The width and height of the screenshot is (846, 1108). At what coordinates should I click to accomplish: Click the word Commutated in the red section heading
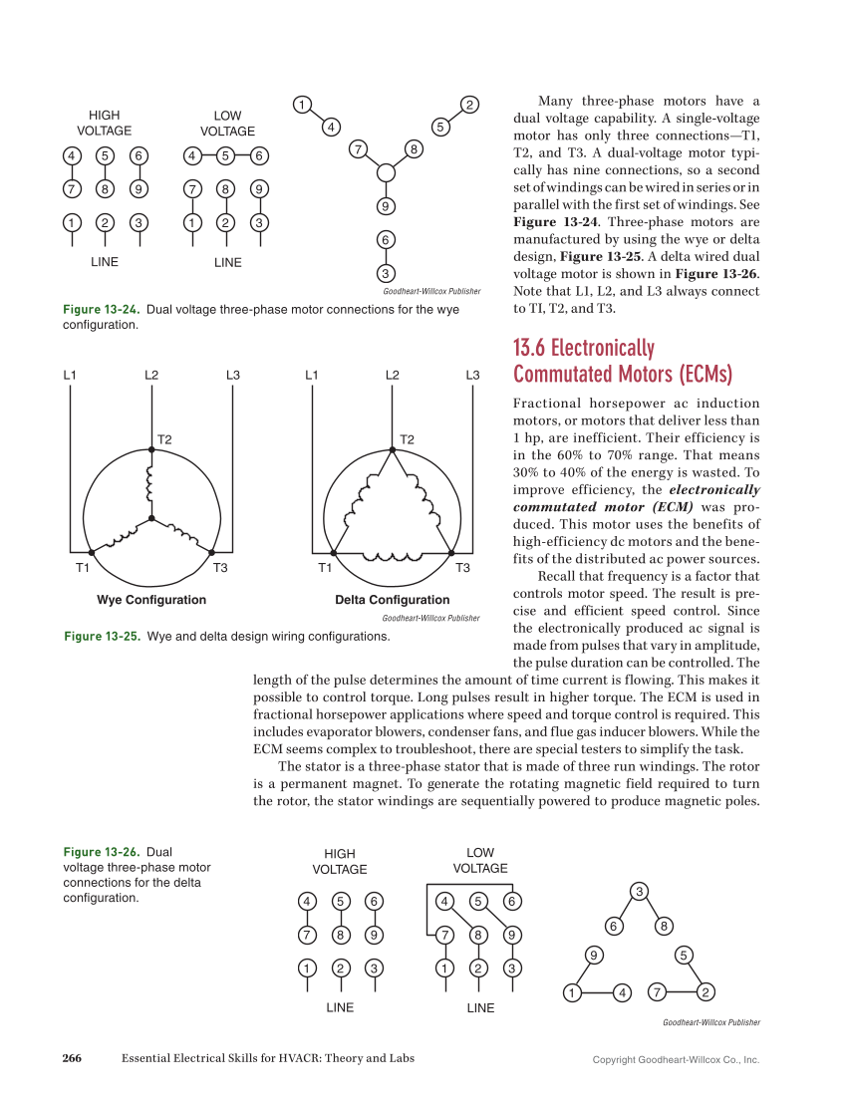pyautogui.click(x=562, y=374)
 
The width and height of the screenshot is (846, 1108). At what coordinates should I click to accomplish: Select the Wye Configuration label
pyautogui.click(x=151, y=600)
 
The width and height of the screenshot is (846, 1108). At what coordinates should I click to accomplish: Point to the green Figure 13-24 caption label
pyautogui.click(x=101, y=309)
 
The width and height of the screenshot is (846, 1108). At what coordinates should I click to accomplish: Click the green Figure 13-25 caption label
pyautogui.click(x=102, y=636)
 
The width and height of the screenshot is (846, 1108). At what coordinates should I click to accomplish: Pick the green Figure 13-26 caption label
pyautogui.click(x=101, y=852)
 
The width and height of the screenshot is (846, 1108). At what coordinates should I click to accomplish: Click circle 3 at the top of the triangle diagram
pyautogui.click(x=640, y=890)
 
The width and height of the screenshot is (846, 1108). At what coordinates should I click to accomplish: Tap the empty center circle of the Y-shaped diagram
pyautogui.click(x=387, y=173)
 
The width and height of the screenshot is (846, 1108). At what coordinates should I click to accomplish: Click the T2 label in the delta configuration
pyautogui.click(x=407, y=438)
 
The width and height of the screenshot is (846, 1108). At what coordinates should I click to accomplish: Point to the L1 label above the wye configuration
pyautogui.click(x=70, y=375)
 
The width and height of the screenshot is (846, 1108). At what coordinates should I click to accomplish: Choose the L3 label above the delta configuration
pyautogui.click(x=473, y=375)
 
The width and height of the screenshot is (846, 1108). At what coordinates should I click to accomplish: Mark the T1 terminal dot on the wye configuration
pyautogui.click(x=91, y=552)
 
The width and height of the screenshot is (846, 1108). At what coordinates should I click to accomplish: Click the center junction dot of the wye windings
pyautogui.click(x=151, y=518)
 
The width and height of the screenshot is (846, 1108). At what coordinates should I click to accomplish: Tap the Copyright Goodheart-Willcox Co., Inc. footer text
pyautogui.click(x=676, y=1059)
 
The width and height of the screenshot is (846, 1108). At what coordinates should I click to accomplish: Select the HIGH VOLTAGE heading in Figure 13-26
pyautogui.click(x=340, y=861)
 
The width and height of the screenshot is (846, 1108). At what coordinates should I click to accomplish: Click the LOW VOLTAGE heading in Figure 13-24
pyautogui.click(x=227, y=124)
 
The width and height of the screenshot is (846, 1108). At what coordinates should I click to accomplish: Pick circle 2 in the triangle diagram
pyautogui.click(x=705, y=991)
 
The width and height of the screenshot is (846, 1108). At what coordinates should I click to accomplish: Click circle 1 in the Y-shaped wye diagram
pyautogui.click(x=299, y=105)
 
